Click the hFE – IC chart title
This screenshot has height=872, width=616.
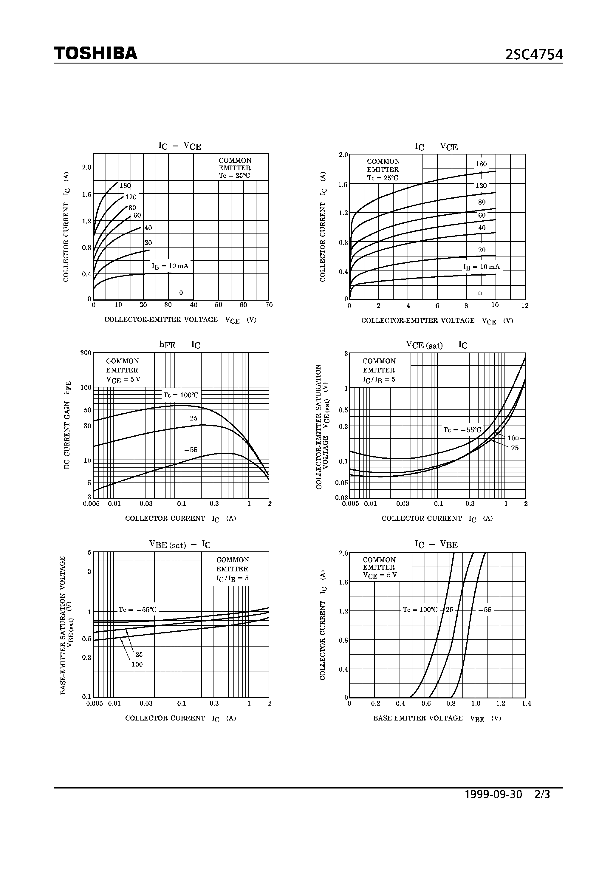click(179, 345)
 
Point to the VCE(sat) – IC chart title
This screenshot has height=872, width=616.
click(437, 345)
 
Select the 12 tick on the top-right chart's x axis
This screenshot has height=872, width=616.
click(525, 306)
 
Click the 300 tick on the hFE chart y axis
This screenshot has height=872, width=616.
click(86, 353)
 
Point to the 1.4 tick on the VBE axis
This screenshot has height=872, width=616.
click(526, 704)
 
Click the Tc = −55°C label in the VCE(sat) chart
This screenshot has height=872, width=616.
click(462, 430)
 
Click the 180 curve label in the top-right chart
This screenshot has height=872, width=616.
click(481, 164)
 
